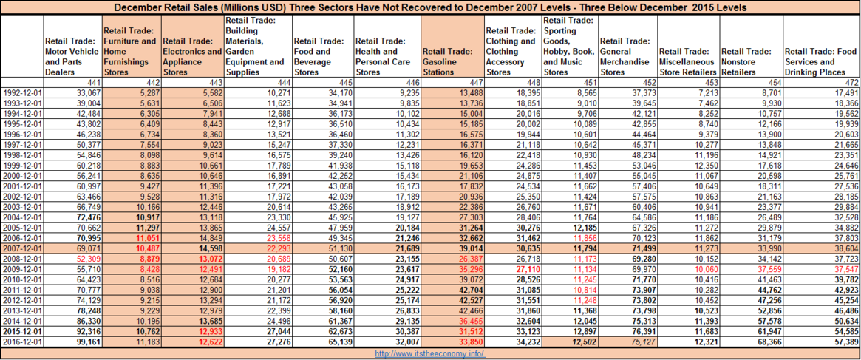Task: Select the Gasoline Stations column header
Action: coord(446,56)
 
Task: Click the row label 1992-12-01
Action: coord(22,92)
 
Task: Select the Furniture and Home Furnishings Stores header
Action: coord(130,52)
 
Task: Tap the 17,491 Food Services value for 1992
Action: coord(846,92)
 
